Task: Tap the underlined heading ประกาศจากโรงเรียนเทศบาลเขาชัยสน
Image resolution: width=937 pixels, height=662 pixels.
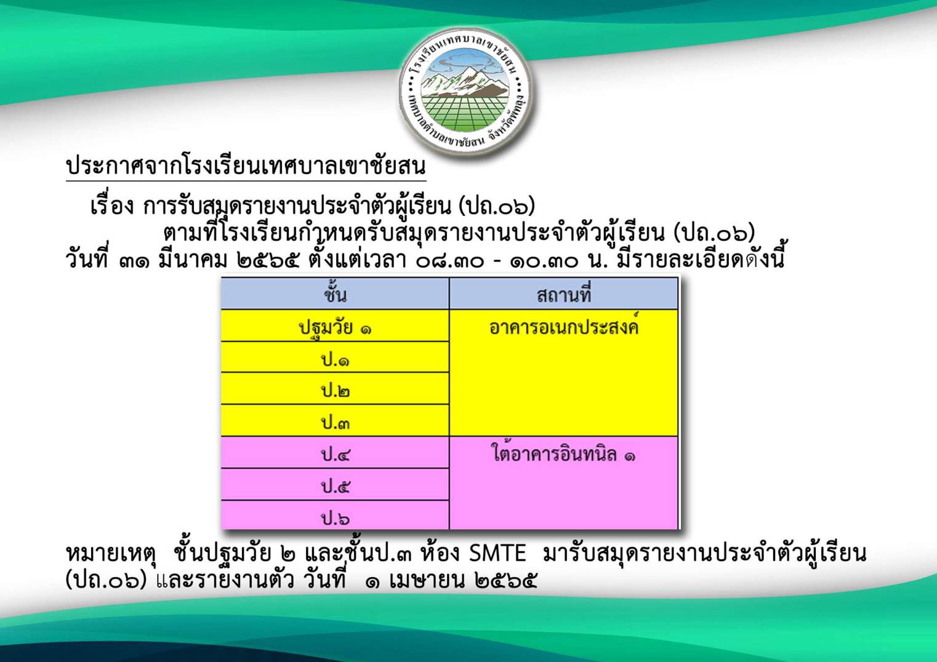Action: (246, 167)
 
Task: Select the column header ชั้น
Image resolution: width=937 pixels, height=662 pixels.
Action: (335, 294)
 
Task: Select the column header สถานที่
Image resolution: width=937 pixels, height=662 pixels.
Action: (563, 294)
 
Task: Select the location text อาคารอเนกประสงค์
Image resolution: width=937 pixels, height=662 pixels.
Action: (563, 326)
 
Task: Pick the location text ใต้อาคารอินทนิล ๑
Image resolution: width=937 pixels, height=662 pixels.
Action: (563, 453)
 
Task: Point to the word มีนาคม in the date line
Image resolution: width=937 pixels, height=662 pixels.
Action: (192, 260)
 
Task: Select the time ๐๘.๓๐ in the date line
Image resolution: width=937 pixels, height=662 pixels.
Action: (449, 260)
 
